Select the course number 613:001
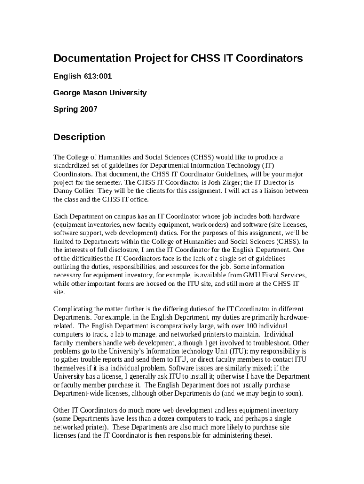[x=96, y=76]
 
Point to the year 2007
[x=89, y=109]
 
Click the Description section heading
[x=79, y=138]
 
